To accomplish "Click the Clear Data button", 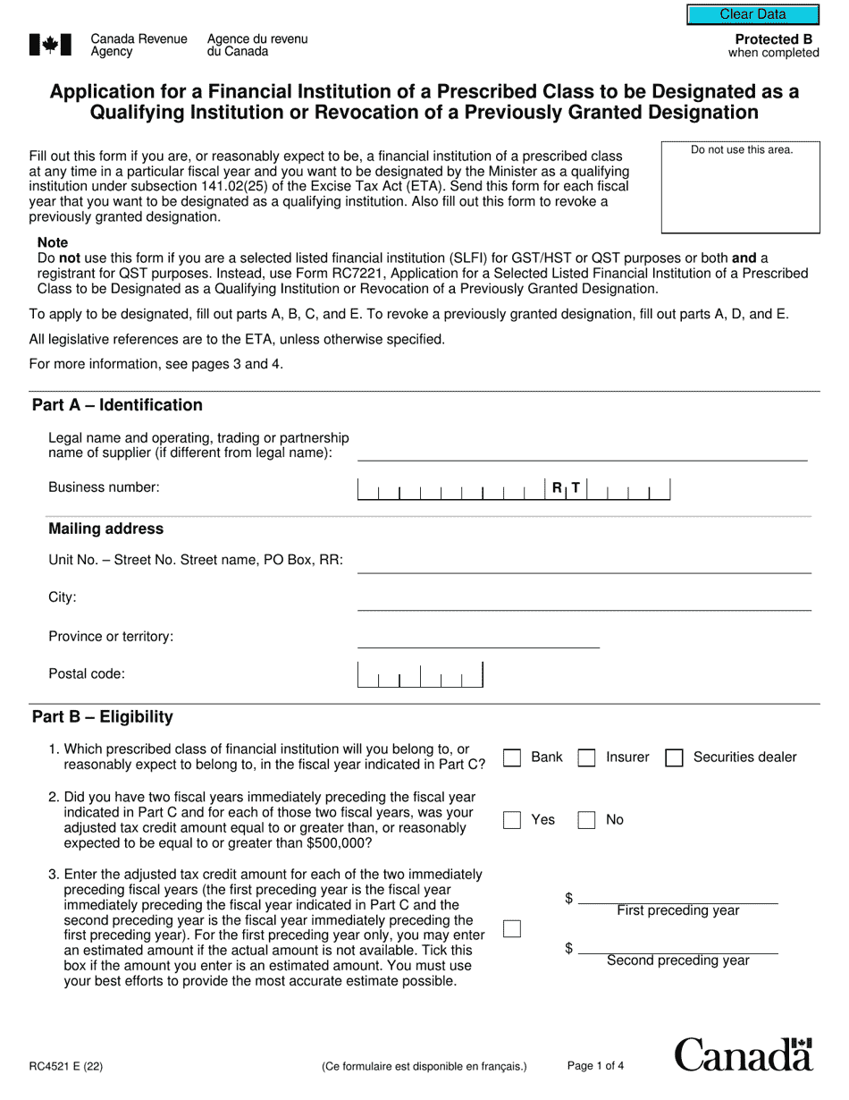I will (x=752, y=14).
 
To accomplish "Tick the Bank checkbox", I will (x=512, y=757).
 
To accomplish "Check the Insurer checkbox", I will (x=586, y=757).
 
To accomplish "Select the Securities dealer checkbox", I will (x=675, y=757).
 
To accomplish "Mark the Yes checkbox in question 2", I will (x=512, y=820).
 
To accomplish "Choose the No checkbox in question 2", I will (x=586, y=820).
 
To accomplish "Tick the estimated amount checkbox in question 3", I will (x=512, y=928).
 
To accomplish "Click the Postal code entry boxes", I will (x=420, y=675).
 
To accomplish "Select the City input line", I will (x=584, y=600).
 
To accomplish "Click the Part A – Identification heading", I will (x=117, y=405).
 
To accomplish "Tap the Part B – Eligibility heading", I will (x=103, y=717).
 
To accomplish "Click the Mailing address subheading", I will (x=105, y=529).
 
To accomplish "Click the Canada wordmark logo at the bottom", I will (x=744, y=1055).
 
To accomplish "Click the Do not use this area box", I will (x=741, y=187).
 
